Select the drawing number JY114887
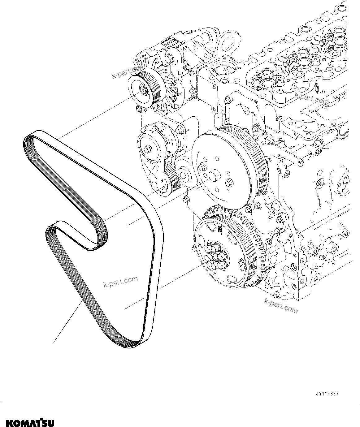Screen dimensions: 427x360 coord(327,394)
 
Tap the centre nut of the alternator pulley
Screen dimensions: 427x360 coord(143,90)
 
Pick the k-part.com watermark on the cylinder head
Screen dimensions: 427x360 coord(311,98)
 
